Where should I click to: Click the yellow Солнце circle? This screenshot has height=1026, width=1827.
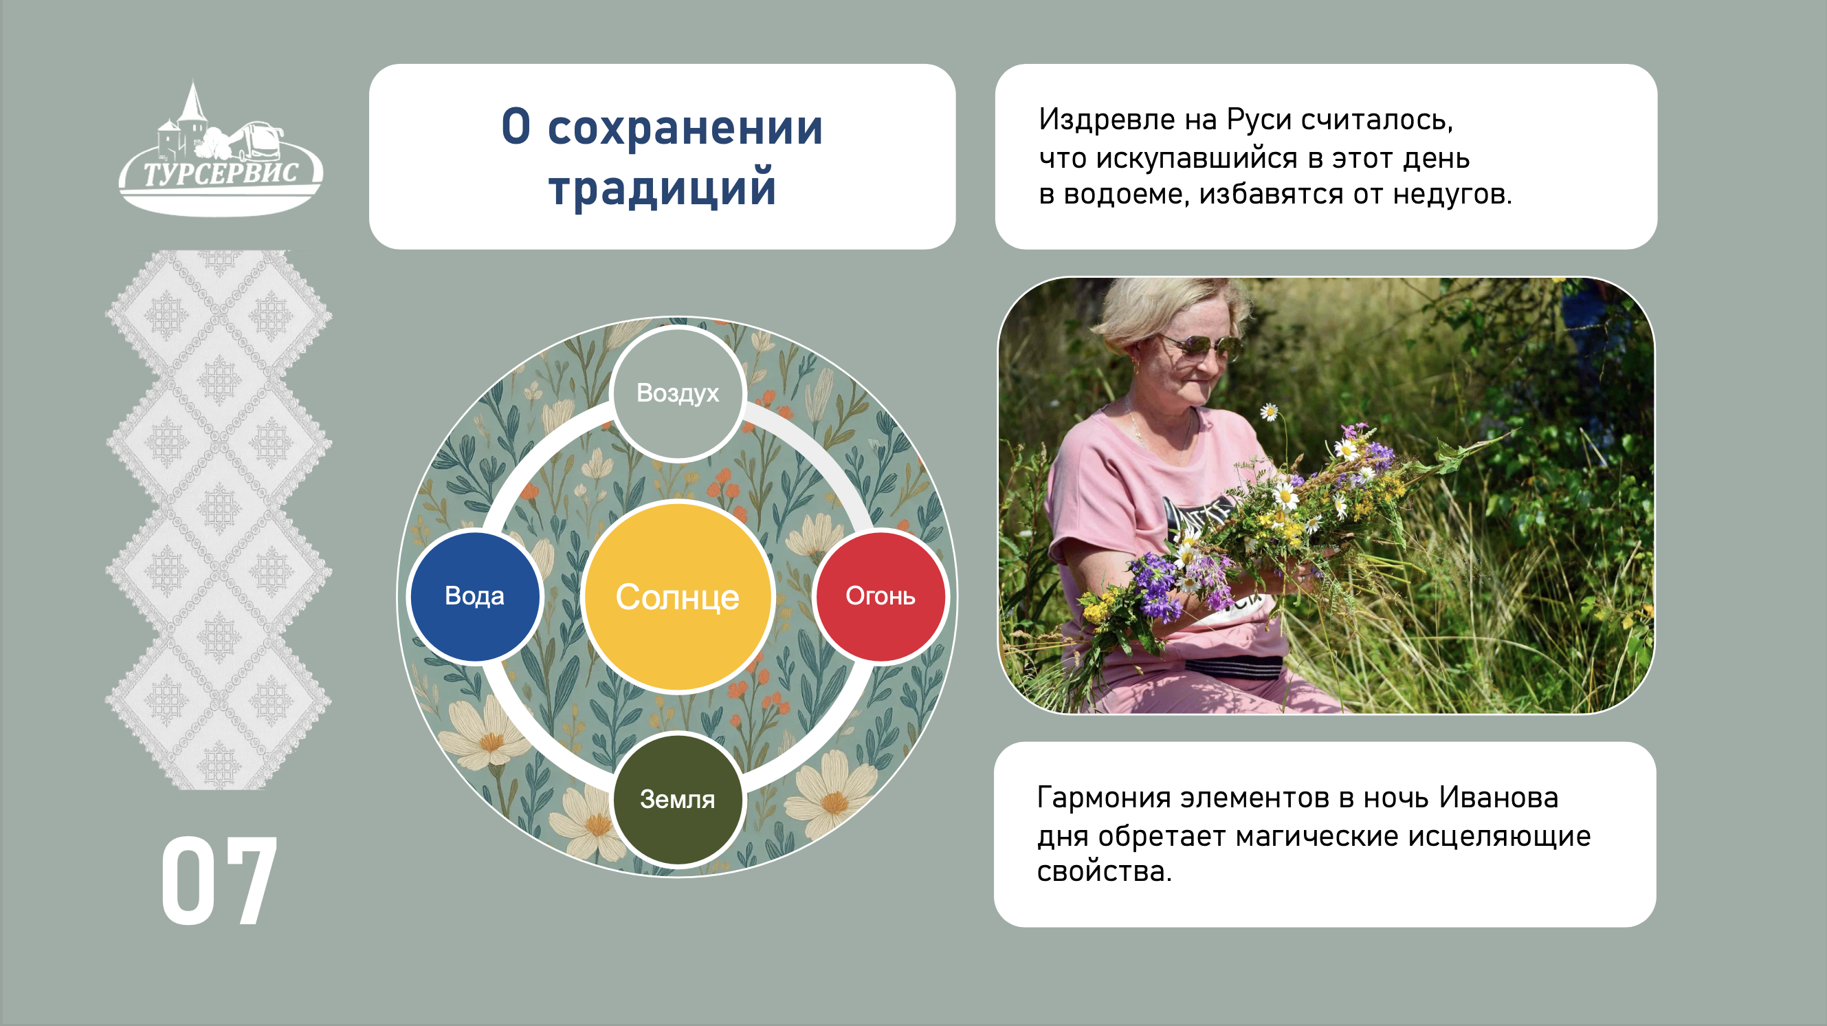point(677,596)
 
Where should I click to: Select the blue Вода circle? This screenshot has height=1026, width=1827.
point(474,596)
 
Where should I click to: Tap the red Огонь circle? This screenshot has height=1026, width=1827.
point(881,596)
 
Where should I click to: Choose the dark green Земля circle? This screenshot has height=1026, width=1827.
point(677,799)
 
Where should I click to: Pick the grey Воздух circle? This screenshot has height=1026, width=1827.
point(677,393)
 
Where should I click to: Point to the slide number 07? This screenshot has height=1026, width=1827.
point(219,880)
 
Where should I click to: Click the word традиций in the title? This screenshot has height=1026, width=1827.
point(663,187)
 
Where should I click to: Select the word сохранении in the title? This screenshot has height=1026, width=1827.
point(685,128)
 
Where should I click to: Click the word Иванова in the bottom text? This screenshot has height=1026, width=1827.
point(1498,798)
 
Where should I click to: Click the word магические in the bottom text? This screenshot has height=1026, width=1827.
point(1317,836)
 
